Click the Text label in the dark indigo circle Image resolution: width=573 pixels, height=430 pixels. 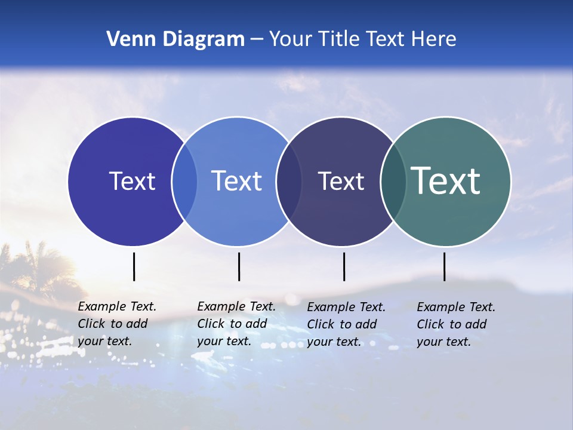[x=132, y=181]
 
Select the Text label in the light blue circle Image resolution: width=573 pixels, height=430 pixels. [x=236, y=181]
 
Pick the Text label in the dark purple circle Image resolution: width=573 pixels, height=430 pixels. [x=341, y=181]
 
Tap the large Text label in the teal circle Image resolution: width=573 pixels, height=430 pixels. [x=446, y=181]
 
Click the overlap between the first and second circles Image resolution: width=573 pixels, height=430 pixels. [x=184, y=182]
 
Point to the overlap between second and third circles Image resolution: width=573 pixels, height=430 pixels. [x=289, y=182]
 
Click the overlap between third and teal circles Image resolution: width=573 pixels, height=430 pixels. [x=393, y=182]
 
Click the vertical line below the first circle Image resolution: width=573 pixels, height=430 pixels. [x=134, y=266]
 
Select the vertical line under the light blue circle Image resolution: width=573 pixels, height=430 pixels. [x=239, y=266]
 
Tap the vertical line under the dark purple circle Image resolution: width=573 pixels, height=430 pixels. [x=344, y=266]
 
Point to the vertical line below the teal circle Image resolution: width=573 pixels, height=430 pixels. [x=444, y=266]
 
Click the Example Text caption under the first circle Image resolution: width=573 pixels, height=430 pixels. [x=117, y=324]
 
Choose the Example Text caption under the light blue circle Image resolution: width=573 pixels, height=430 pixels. [x=236, y=324]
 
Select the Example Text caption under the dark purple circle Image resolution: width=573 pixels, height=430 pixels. [x=346, y=324]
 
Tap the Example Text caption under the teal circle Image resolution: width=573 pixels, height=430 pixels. [x=456, y=324]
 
